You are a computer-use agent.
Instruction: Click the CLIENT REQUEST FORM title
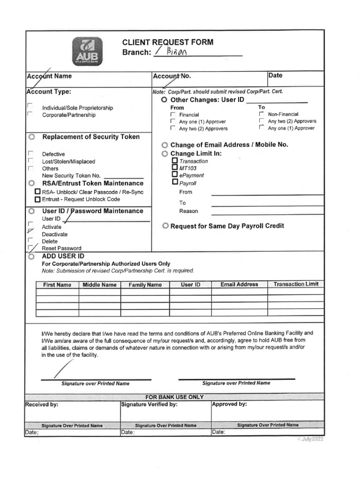click(167, 42)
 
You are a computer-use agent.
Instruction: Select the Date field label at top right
click(275, 75)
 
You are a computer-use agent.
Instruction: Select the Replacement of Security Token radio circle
click(31, 137)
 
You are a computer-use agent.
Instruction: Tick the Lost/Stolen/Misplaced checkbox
click(30, 161)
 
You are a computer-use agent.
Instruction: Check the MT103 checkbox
click(175, 167)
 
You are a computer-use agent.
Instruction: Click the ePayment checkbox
click(175, 174)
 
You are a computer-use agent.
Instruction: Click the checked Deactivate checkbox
click(30, 231)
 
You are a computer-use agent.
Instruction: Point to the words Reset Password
click(61, 248)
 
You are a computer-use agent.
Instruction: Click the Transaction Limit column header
click(296, 284)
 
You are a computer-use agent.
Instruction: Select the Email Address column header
click(239, 285)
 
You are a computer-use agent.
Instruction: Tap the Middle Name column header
click(99, 285)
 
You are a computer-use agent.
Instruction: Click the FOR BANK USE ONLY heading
click(174, 397)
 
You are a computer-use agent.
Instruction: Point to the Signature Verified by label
click(149, 404)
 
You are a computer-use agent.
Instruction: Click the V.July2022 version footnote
click(309, 440)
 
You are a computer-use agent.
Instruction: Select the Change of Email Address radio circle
click(165, 145)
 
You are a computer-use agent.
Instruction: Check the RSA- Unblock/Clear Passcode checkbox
click(38, 192)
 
